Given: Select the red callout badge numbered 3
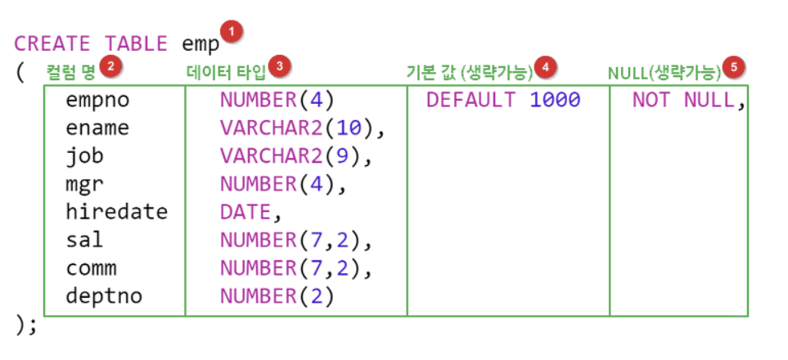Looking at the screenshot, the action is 281,67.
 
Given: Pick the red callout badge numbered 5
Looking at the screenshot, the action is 736,67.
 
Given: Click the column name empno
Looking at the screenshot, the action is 98,101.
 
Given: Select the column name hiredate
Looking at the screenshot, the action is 117,212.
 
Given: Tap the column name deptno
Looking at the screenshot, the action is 105,295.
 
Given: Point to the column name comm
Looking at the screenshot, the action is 92,268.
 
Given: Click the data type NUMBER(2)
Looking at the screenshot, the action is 277,295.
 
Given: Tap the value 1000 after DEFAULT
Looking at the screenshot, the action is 555,101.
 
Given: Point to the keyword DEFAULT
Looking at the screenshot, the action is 471,101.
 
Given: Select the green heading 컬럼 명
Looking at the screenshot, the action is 71,72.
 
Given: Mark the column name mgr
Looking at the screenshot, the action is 84,184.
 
